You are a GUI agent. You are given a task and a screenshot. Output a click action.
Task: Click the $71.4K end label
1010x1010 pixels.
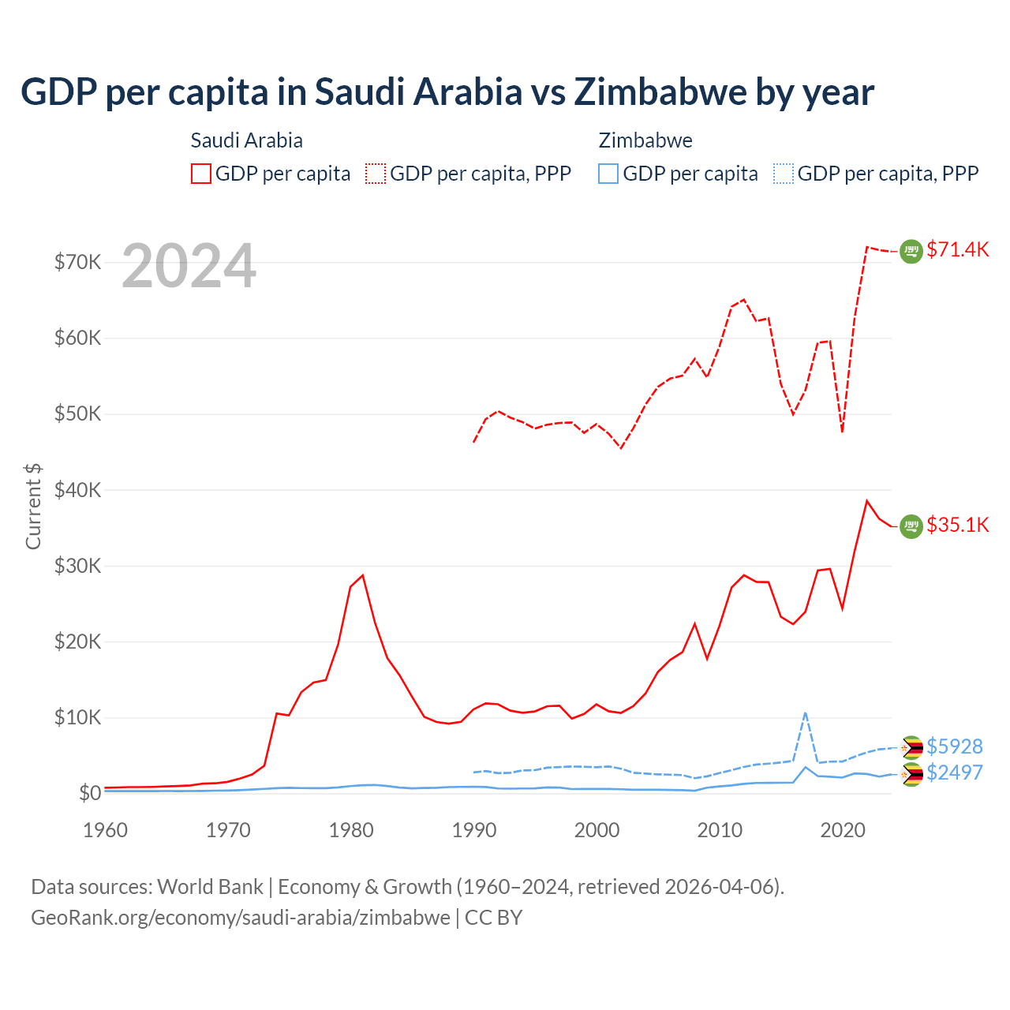pos(957,250)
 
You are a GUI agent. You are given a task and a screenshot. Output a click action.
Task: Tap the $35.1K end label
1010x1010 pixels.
pos(957,526)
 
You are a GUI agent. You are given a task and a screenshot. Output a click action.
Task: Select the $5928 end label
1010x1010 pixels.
pos(954,746)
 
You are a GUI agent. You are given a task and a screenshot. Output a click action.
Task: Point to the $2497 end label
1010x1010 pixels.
pos(954,772)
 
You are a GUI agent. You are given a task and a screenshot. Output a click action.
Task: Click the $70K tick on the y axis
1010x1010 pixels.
pos(77,262)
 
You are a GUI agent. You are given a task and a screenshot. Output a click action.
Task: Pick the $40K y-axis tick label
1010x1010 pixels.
pos(77,490)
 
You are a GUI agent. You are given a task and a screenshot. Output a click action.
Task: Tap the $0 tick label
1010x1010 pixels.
pos(90,793)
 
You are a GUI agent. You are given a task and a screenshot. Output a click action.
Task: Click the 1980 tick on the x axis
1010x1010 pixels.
pos(351,830)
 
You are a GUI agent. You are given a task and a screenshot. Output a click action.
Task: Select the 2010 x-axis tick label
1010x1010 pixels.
pos(720,830)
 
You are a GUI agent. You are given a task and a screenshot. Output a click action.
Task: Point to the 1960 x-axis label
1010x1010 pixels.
pos(106,830)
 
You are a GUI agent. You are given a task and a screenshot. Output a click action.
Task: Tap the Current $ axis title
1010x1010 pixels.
pos(33,506)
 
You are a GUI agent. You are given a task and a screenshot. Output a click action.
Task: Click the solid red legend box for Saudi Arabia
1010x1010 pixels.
pos(201,174)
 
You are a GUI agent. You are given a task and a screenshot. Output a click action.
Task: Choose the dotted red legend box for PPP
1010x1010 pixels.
pos(376,174)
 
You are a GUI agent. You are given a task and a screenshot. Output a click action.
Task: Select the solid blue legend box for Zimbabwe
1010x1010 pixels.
pos(608,174)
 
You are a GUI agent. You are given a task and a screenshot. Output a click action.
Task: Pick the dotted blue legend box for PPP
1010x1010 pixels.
pos(784,174)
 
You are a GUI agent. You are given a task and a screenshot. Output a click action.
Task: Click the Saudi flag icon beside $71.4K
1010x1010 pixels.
pos(911,251)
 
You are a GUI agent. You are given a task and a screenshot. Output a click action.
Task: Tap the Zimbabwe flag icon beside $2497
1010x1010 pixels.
pos(911,774)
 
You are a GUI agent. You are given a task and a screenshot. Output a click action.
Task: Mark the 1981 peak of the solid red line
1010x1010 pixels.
pos(363,575)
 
